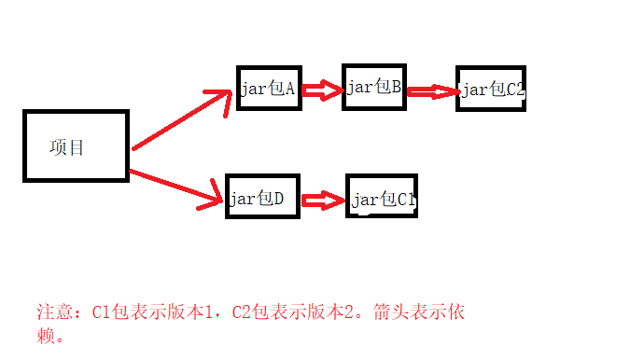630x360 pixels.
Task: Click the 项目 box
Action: click(x=75, y=145)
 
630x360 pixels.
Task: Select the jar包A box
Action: click(x=269, y=89)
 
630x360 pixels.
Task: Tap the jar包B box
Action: click(x=373, y=88)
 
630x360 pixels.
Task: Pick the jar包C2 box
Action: click(x=491, y=90)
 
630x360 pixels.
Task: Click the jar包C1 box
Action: click(x=382, y=199)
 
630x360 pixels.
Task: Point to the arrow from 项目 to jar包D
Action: click(x=177, y=186)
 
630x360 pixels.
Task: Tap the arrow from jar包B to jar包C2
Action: click(x=430, y=91)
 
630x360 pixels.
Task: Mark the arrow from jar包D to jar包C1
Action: click(x=322, y=200)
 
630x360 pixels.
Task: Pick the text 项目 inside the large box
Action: click(x=66, y=147)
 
